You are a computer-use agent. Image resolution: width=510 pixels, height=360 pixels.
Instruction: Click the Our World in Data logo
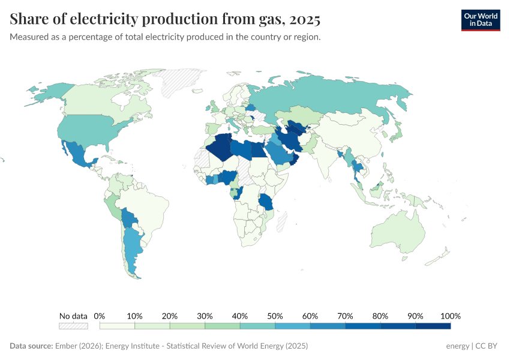tap(480, 20)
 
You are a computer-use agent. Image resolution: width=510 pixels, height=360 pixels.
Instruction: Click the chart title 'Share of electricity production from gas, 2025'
tap(165, 20)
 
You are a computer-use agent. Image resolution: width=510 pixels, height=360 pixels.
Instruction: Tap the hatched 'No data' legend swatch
tap(73, 326)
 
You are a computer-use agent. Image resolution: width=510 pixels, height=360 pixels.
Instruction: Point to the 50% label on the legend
tap(275, 316)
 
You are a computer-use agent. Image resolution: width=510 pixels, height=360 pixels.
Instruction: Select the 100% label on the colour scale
tap(450, 316)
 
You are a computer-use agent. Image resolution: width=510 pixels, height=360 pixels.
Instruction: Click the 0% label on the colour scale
tap(100, 316)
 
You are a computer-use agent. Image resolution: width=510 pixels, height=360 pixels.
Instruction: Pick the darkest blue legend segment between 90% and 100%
tap(433, 326)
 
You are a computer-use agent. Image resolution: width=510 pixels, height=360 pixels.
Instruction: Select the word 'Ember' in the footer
tap(66, 346)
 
